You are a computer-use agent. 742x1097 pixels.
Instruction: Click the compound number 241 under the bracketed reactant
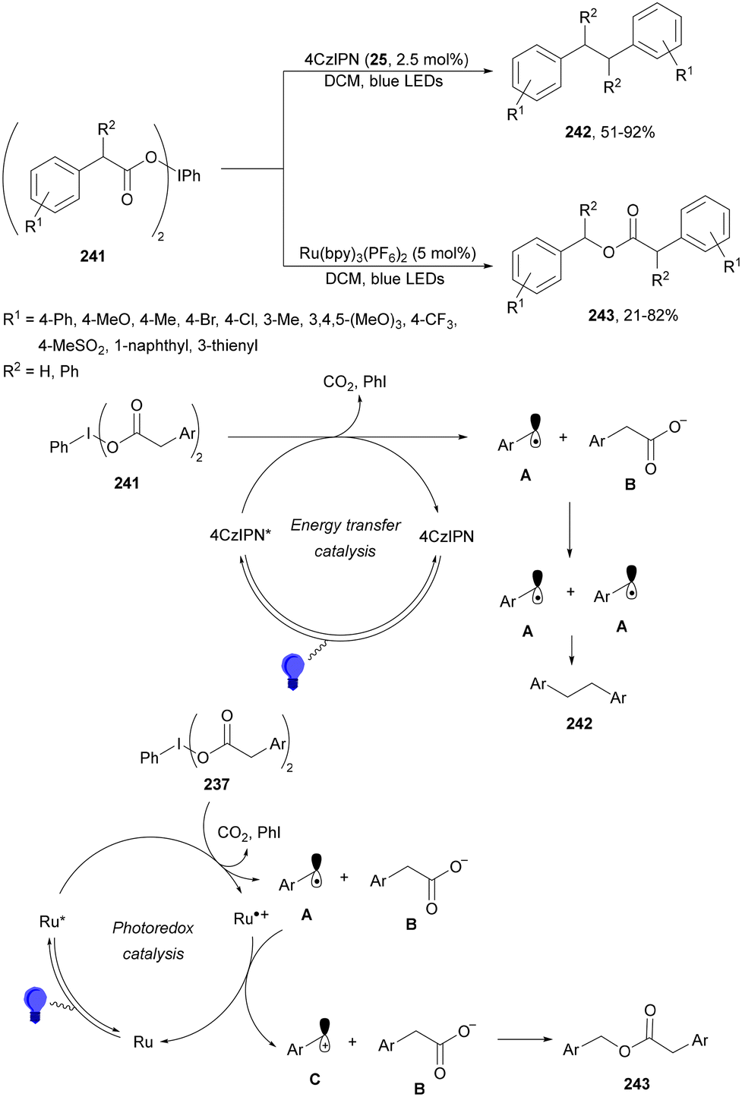tap(93, 256)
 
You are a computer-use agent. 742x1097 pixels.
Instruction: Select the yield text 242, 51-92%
tap(610, 132)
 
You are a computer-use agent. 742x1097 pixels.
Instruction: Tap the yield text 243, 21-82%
tap(633, 315)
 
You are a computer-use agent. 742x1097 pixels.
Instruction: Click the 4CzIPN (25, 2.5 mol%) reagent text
tap(387, 60)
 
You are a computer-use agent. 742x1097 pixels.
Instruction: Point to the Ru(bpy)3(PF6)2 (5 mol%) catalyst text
tap(388, 254)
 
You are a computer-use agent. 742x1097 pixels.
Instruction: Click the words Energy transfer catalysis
tap(346, 537)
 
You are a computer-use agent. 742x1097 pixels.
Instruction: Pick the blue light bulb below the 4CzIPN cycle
tap(293, 671)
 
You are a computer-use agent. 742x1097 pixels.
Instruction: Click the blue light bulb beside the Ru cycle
tap(35, 1005)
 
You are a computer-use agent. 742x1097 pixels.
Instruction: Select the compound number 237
tap(216, 784)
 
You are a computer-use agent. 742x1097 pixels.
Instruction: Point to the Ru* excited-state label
tap(52, 922)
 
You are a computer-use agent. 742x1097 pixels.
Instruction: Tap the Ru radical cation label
tap(251, 919)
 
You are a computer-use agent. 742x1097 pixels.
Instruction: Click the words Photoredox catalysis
tap(153, 941)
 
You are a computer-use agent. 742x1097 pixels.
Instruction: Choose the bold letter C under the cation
tap(314, 1078)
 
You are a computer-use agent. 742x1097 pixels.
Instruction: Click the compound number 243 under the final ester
tap(636, 1084)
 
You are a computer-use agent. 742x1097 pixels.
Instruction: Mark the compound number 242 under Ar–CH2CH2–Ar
tap(579, 723)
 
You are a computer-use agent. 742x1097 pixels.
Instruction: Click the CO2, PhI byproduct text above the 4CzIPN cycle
tap(355, 382)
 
